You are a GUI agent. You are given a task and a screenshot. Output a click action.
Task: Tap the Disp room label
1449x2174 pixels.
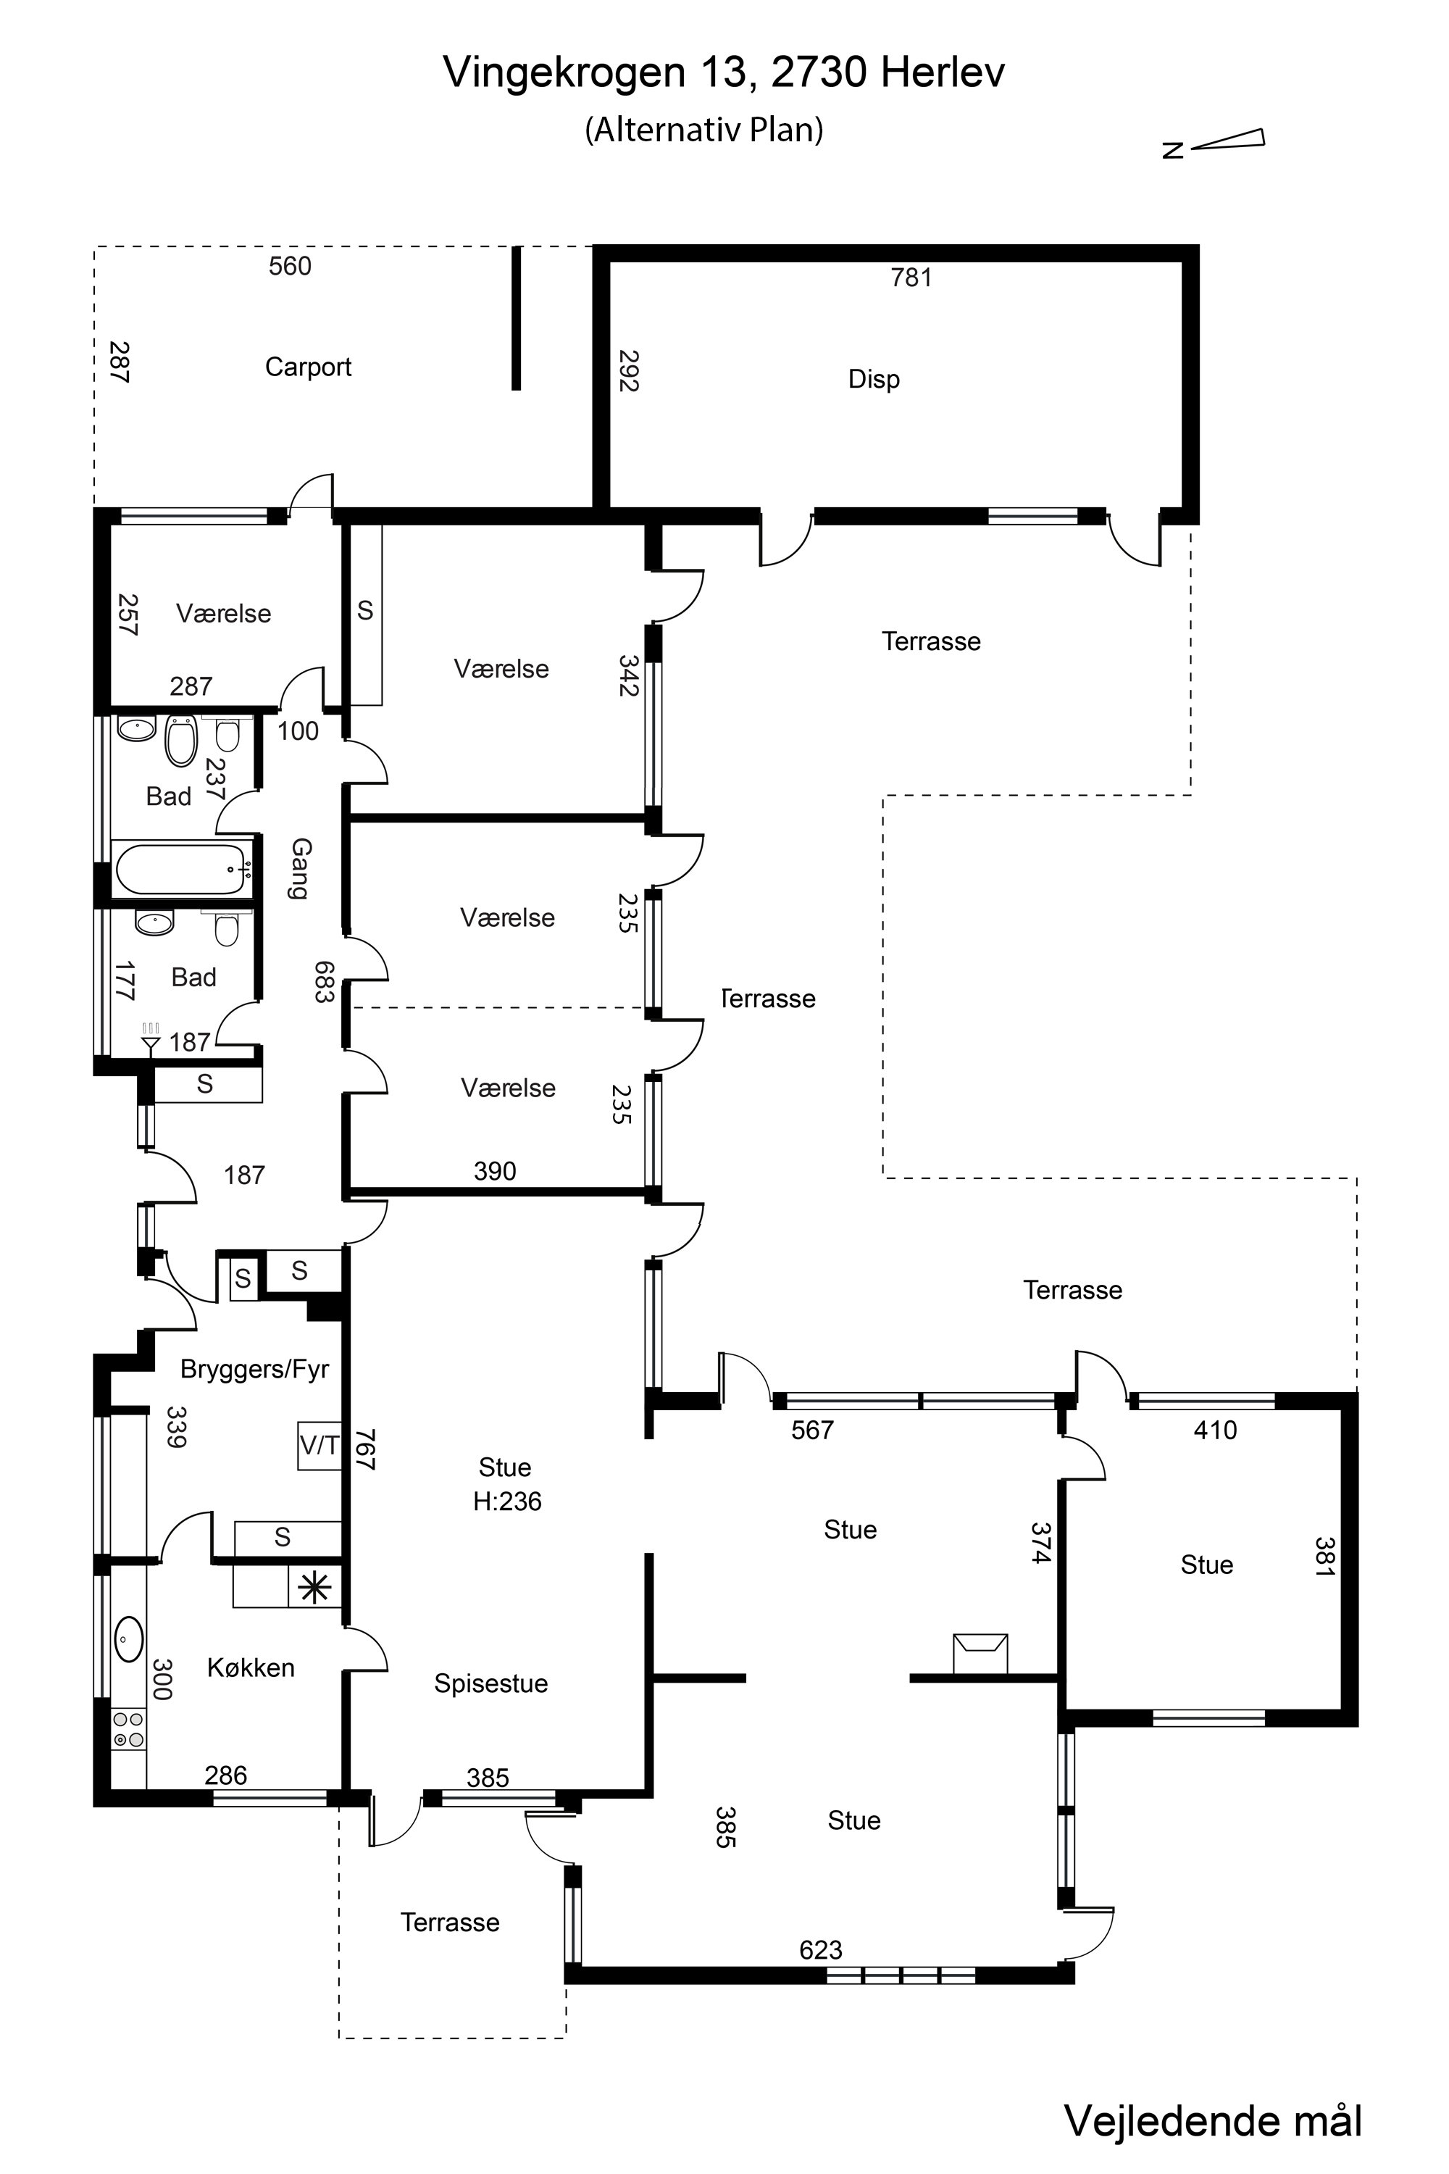tap(873, 379)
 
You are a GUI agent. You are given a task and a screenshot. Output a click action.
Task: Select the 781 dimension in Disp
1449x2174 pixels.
tap(911, 278)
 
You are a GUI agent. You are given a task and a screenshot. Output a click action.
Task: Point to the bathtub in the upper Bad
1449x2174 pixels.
tap(182, 869)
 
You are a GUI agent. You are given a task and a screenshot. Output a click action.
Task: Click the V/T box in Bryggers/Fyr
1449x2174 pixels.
tap(319, 1445)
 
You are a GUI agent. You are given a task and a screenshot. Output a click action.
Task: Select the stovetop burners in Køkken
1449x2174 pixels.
tap(128, 1729)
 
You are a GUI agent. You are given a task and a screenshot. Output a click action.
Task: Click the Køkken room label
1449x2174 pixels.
tap(251, 1667)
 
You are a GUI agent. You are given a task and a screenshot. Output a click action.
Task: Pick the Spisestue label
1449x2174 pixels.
tap(490, 1683)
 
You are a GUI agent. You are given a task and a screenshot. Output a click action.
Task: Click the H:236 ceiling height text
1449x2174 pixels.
tap(506, 1501)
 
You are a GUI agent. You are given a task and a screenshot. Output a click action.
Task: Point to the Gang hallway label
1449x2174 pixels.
tap(301, 868)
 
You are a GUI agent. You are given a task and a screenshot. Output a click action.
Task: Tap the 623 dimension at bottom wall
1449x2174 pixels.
tap(821, 1949)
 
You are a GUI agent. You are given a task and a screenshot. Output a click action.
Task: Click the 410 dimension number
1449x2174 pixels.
tap(1214, 1430)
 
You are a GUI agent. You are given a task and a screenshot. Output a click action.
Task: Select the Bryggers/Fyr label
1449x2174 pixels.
tap(254, 1369)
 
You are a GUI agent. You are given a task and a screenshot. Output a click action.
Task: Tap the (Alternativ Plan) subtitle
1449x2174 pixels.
tap(704, 130)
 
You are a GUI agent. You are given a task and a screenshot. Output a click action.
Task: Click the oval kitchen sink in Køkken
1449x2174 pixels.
tap(128, 1641)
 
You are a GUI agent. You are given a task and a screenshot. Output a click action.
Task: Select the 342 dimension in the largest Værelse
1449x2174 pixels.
tap(630, 675)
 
